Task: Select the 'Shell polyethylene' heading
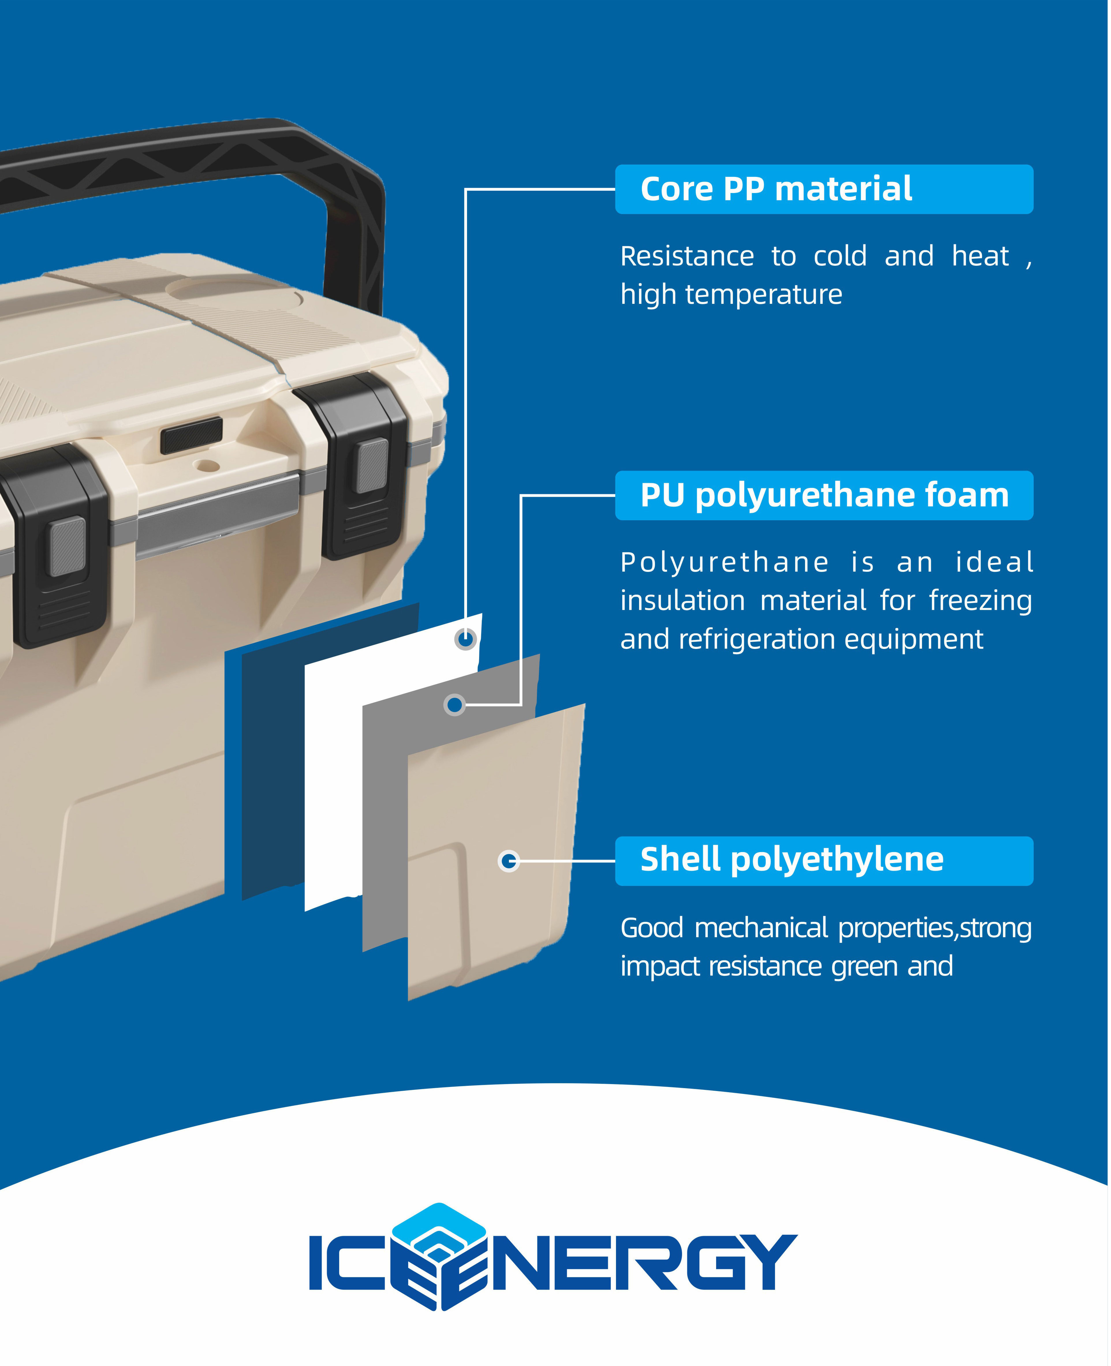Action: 792,859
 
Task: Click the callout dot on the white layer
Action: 466,639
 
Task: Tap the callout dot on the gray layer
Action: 454,705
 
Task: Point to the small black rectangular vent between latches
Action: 191,435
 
